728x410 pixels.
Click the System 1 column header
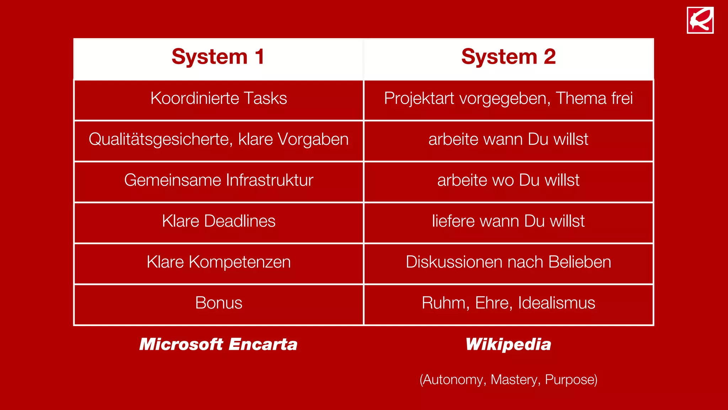pyautogui.click(x=218, y=57)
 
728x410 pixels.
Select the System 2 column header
pyautogui.click(x=508, y=57)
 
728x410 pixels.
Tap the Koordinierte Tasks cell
pyautogui.click(x=219, y=99)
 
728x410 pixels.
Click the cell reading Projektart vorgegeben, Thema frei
pyautogui.click(x=508, y=99)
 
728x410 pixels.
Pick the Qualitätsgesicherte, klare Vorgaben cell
pyautogui.click(x=219, y=140)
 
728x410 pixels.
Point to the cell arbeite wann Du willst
pyautogui.click(x=508, y=140)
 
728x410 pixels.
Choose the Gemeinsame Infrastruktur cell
pyautogui.click(x=219, y=180)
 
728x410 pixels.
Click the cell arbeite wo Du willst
pyautogui.click(x=508, y=180)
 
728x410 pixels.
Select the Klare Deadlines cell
pyautogui.click(x=219, y=221)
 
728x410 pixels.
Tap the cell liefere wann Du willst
pyautogui.click(x=508, y=221)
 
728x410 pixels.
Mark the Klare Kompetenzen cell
pyautogui.click(x=219, y=262)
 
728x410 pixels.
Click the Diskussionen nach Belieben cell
pyautogui.click(x=508, y=262)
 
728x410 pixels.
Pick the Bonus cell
pyautogui.click(x=219, y=303)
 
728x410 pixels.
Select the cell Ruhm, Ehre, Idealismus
pyautogui.click(x=508, y=303)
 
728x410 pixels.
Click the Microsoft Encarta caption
pyautogui.click(x=218, y=345)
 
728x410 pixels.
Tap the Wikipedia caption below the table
pyautogui.click(x=508, y=345)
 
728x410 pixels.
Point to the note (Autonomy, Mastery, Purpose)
pyautogui.click(x=508, y=380)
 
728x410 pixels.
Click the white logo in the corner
pyautogui.click(x=700, y=20)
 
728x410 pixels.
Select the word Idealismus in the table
pyautogui.click(x=556, y=303)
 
